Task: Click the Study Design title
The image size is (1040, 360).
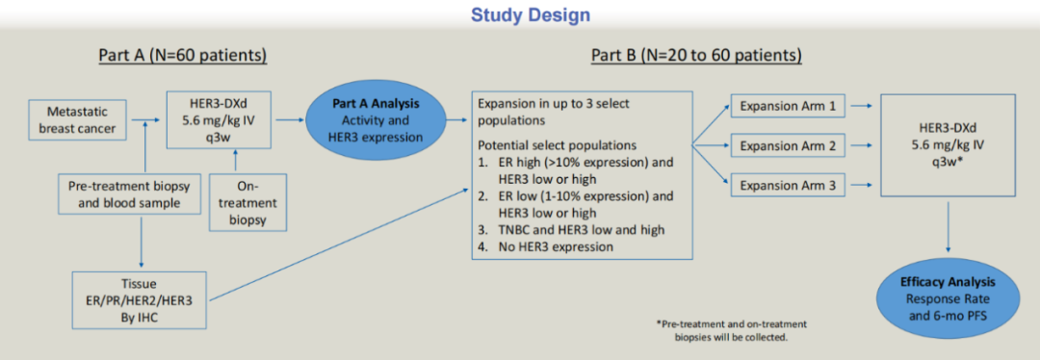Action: [x=521, y=14]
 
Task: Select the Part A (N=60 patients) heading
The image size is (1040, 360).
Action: [x=183, y=56]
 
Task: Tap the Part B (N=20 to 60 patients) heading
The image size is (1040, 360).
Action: [x=696, y=56]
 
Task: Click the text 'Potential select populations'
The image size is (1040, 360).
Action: [x=558, y=144]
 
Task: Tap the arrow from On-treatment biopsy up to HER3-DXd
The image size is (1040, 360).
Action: [x=233, y=161]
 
